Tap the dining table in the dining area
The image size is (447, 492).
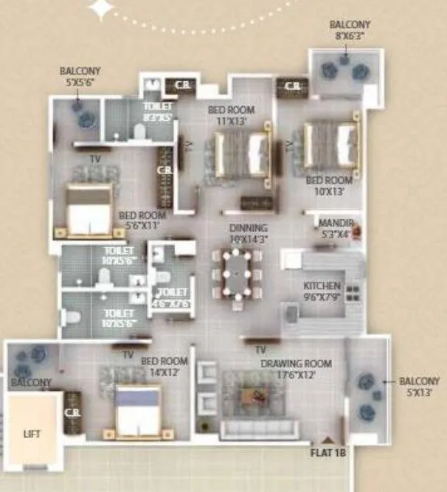coord(236,274)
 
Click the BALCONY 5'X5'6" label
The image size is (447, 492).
coord(80,76)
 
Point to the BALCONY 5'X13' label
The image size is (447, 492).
coord(419,387)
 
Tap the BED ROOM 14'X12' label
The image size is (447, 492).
coord(161,367)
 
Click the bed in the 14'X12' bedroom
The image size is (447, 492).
coord(138,412)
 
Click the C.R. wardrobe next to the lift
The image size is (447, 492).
coord(72,417)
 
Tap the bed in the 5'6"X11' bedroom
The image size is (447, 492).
coord(89,209)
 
